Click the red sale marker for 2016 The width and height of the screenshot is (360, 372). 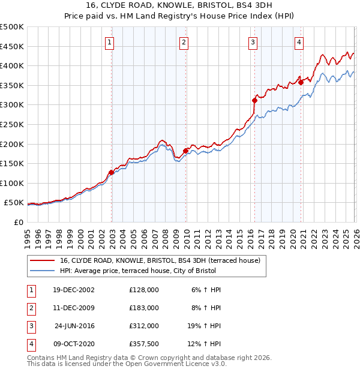(x=254, y=101)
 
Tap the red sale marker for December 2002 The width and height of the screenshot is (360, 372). (x=112, y=172)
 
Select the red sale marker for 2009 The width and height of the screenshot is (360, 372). (x=185, y=151)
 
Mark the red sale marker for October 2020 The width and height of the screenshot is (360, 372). (x=301, y=83)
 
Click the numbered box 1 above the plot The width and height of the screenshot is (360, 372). (x=110, y=42)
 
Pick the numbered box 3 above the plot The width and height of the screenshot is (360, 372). (x=253, y=42)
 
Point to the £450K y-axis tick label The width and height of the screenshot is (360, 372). (x=12, y=46)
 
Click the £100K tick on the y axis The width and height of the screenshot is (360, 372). (x=12, y=183)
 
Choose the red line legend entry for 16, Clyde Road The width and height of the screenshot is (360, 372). (x=160, y=260)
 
